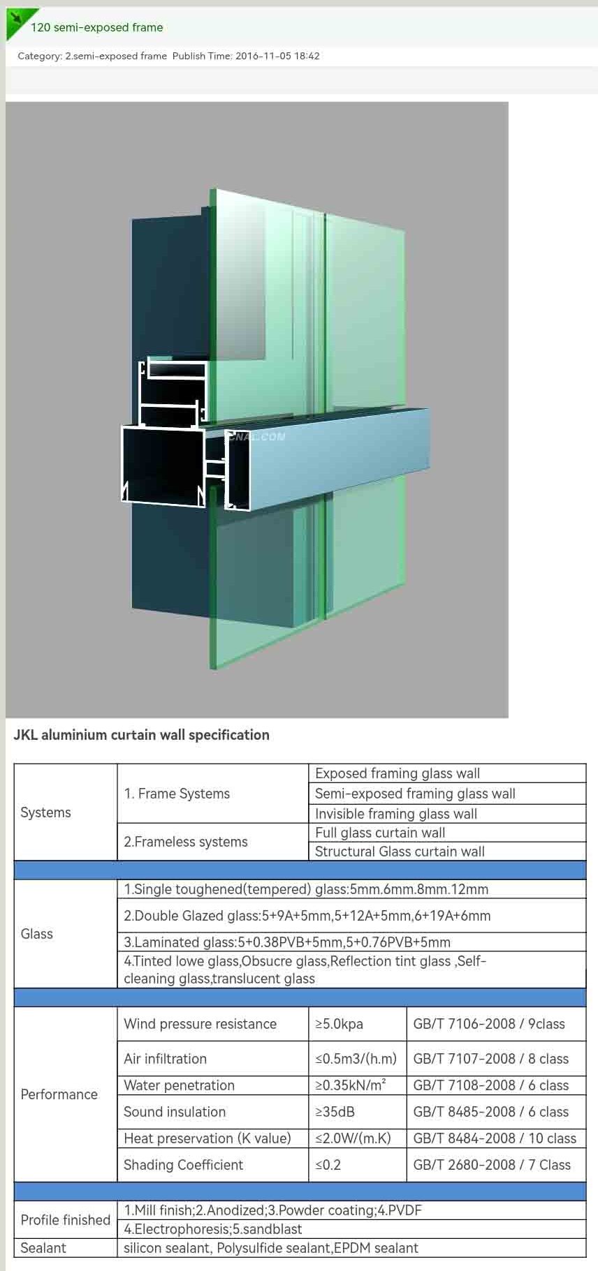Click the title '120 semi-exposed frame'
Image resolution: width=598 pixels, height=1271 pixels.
(97, 27)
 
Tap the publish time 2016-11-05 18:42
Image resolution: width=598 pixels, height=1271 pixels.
(277, 56)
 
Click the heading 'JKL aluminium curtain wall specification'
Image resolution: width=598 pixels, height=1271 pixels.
(141, 735)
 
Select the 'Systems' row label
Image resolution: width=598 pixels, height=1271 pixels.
(45, 812)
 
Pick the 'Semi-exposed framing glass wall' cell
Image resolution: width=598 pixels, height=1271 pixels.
(415, 794)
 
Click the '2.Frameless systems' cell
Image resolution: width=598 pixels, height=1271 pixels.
(186, 842)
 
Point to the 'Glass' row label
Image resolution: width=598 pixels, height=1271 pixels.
(36, 934)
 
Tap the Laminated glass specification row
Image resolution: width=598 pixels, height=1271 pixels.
(287, 942)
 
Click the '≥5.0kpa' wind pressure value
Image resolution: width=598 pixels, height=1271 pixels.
(339, 1024)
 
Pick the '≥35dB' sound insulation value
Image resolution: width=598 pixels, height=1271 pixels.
(335, 1112)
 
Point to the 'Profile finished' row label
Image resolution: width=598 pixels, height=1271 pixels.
(66, 1220)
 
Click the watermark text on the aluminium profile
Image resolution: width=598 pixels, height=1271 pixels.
(256, 437)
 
